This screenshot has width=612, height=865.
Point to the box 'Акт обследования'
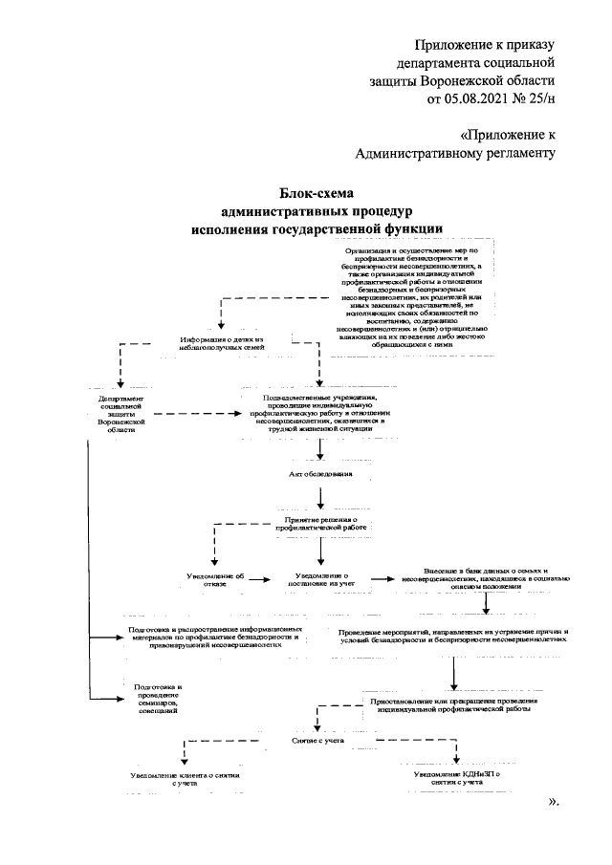click(321, 474)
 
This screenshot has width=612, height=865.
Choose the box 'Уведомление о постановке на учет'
click(320, 579)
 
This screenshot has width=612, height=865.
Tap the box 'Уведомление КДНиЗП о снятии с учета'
click(456, 778)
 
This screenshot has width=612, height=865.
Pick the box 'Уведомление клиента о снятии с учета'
click(185, 778)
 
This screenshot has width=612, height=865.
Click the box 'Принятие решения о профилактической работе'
click(321, 522)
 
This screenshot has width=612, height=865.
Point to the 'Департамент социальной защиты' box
click(120, 415)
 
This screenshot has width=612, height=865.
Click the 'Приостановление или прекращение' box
click(449, 705)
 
